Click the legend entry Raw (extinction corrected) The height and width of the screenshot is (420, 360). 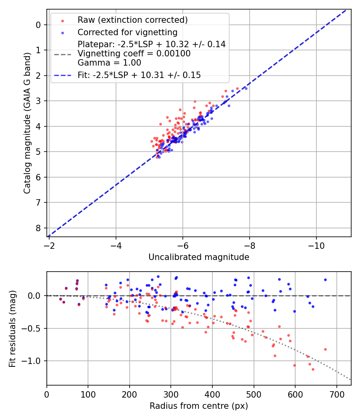(132, 20)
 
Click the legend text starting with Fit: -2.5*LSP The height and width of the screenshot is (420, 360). (139, 75)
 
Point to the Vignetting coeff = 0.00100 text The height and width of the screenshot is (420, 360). (134, 54)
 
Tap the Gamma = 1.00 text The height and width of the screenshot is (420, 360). (109, 63)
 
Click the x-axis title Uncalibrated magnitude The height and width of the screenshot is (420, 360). (199, 257)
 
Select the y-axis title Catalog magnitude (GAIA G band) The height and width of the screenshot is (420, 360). (27, 123)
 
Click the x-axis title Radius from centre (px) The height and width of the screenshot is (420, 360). (199, 406)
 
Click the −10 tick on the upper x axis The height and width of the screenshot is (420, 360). (316, 244)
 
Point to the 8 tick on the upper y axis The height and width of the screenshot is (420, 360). (38, 228)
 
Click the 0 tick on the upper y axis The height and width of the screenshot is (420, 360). (38, 25)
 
